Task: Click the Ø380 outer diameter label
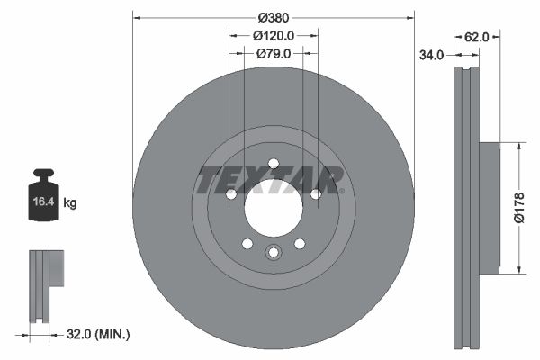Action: tap(273, 17)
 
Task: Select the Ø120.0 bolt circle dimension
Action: tap(273, 36)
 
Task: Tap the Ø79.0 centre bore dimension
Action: tap(273, 54)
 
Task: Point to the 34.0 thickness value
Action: tap(433, 55)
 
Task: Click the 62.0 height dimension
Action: tap(476, 37)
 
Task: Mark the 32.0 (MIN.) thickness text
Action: tap(99, 334)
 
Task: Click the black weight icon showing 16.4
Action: tap(43, 193)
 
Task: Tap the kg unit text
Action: tap(70, 203)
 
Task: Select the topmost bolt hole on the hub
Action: tap(273, 163)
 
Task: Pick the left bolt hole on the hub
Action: tap(230, 193)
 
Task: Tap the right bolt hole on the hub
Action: tap(315, 193)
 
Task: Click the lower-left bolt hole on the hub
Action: tap(247, 243)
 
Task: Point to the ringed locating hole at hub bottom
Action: tap(273, 253)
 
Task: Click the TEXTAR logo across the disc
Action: tap(270, 180)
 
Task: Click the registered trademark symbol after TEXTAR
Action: tap(345, 169)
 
